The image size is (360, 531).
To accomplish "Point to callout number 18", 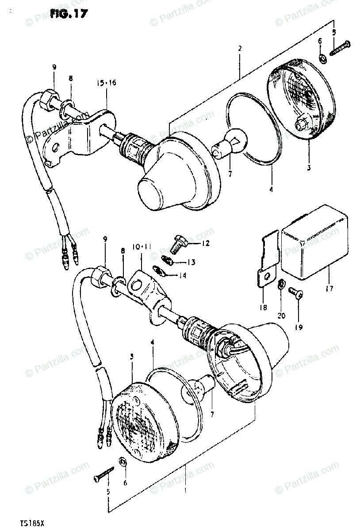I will [x=263, y=307].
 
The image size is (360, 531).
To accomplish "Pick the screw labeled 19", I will [x=295, y=292].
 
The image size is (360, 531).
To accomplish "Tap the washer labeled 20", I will [x=281, y=283].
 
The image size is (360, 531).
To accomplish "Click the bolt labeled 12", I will [x=178, y=243].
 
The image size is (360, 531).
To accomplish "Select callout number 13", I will [x=191, y=262].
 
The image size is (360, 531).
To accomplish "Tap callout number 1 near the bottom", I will [x=185, y=490].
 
